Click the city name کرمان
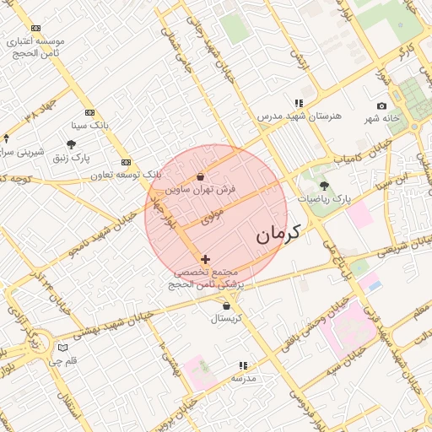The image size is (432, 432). [x=278, y=233]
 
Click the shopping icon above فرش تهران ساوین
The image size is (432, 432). [x=200, y=177]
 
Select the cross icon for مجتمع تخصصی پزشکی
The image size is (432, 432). [x=205, y=259]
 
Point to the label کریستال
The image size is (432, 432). [x=226, y=318]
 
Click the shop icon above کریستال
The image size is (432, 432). [x=226, y=305]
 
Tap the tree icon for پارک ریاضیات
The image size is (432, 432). [x=325, y=185]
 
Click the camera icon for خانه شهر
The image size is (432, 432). [x=382, y=105]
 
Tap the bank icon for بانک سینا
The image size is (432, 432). [x=89, y=112]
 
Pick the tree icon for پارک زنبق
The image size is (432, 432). [x=70, y=144]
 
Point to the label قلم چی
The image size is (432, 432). [x=62, y=361]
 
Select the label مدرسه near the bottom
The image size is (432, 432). [x=243, y=379]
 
